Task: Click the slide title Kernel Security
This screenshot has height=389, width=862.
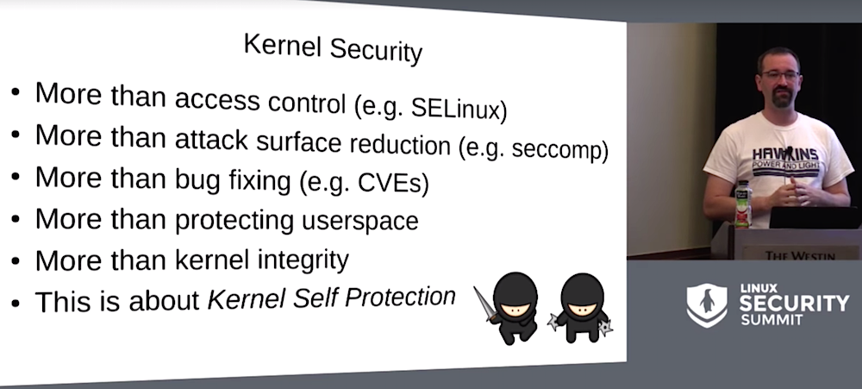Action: tap(333, 47)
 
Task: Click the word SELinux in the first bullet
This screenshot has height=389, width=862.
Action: tap(459, 108)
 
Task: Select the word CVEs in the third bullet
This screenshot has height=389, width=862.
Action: tap(393, 183)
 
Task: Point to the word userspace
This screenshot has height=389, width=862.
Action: tap(360, 221)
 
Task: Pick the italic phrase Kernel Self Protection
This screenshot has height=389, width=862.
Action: tap(332, 298)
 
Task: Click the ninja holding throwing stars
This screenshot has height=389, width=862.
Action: tap(581, 308)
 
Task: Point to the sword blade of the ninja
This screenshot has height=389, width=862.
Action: tap(484, 303)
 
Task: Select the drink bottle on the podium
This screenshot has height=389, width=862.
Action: tap(743, 204)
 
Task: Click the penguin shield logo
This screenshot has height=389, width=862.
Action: tap(707, 304)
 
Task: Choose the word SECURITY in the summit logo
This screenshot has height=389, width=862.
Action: tap(794, 303)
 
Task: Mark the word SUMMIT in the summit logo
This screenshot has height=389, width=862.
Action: tap(765, 320)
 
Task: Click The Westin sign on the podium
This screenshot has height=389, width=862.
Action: tap(799, 255)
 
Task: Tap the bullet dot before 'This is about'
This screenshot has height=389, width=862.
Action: tap(16, 303)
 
